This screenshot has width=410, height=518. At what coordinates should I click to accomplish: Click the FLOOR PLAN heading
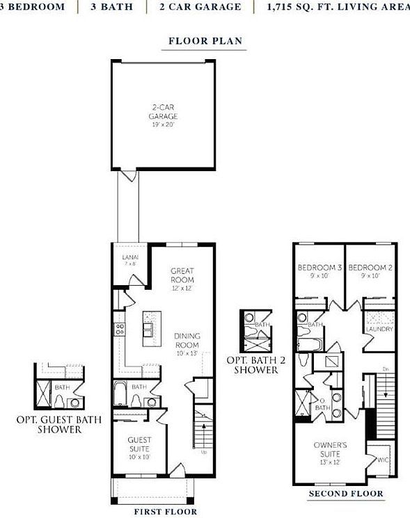tap(205, 41)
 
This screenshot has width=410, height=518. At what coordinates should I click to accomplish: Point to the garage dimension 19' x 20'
tap(163, 125)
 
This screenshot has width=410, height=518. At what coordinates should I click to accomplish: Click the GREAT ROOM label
tap(182, 275)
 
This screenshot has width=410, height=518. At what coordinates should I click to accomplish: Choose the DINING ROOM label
tap(187, 340)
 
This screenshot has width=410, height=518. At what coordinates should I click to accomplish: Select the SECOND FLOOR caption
tap(346, 494)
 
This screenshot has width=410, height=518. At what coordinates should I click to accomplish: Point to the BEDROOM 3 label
tap(320, 268)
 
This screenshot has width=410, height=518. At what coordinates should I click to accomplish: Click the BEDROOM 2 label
tap(370, 268)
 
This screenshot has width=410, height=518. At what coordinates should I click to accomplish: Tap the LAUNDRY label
tap(380, 329)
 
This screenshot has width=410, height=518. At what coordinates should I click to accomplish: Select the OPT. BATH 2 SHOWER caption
tap(253, 365)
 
